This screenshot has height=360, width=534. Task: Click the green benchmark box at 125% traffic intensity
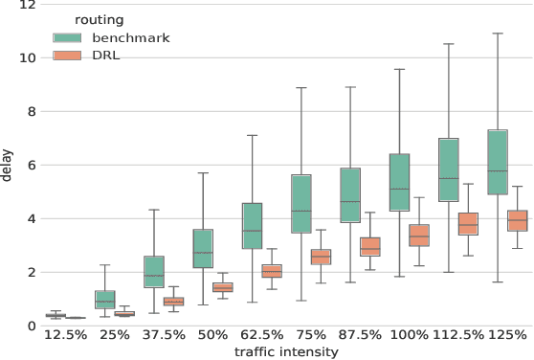(498, 162)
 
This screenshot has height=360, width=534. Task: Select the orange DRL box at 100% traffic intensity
(418, 236)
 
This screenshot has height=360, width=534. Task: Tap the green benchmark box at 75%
(300, 204)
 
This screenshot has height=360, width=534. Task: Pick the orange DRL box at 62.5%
(272, 271)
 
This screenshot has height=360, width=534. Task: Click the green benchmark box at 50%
(203, 248)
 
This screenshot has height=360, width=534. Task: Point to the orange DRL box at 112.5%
(468, 224)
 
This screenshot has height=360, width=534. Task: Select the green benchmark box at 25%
(104, 300)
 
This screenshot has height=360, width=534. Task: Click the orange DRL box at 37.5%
(173, 302)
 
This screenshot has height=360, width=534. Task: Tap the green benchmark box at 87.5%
(350, 195)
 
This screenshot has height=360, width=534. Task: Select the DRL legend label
(106, 55)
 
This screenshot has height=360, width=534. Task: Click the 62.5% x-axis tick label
(260, 336)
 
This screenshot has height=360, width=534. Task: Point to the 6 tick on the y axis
(32, 166)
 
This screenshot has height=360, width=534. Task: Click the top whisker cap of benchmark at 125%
(498, 34)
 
